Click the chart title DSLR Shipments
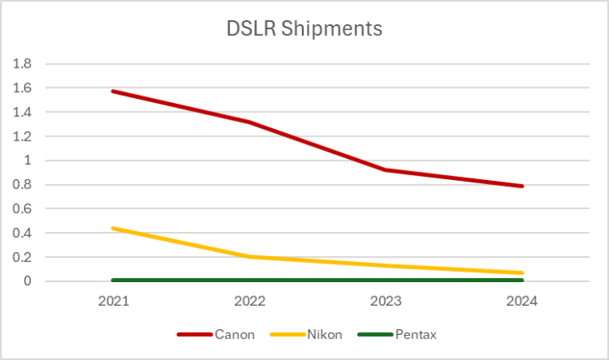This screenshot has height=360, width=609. click(x=304, y=28)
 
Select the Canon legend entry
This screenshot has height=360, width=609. click(x=217, y=335)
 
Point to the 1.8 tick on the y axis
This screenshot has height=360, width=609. click(x=22, y=64)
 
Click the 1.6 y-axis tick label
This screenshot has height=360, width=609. click(x=22, y=88)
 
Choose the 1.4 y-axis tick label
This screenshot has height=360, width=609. click(x=22, y=112)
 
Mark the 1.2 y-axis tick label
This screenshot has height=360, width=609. click(x=22, y=136)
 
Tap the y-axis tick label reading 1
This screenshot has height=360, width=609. click(x=27, y=161)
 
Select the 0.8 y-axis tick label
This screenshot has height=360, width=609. click(x=22, y=185)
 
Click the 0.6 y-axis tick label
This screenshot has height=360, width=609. click(x=22, y=209)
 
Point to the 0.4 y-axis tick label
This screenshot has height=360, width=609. click(x=22, y=234)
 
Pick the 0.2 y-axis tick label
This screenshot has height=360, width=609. click(x=22, y=258)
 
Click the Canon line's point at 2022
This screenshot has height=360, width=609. click(x=250, y=122)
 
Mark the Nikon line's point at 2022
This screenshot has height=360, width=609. click(x=250, y=256)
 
